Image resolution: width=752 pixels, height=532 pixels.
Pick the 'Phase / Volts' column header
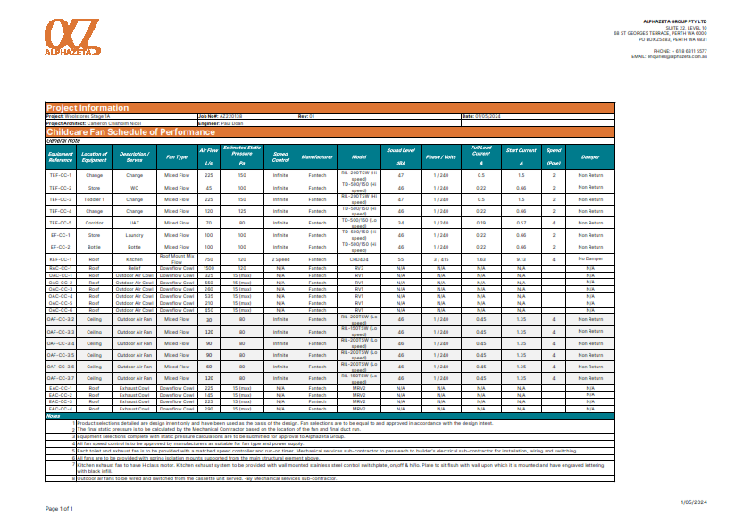[441, 156]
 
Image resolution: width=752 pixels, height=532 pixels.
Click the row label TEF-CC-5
[60, 223]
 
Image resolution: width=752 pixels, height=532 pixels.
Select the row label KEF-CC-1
[60, 258]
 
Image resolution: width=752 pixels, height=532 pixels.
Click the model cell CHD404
[359, 258]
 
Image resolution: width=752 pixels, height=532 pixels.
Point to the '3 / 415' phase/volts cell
[441, 258]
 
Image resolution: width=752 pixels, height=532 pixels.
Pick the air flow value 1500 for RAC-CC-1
[209, 267]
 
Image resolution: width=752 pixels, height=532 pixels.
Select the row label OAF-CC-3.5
[60, 355]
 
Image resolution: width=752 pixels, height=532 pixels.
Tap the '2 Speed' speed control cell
[280, 258]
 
